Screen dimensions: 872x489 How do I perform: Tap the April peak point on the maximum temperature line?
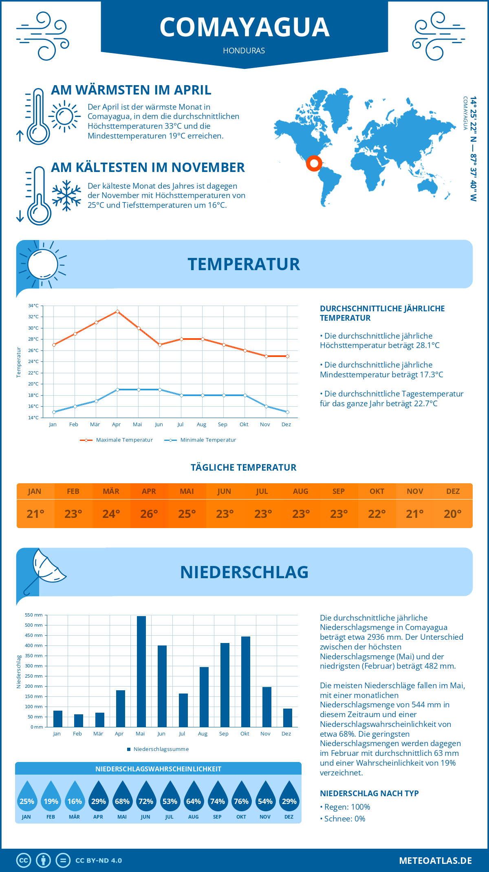tap(117, 311)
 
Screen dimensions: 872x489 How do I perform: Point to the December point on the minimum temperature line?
tap(287, 412)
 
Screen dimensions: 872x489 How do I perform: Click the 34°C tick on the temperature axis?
tap(33, 306)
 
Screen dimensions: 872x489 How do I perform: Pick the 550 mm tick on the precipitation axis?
tap(34, 615)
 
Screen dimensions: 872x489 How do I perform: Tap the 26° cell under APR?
tap(149, 514)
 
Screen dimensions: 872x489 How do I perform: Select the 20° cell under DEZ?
tap(453, 514)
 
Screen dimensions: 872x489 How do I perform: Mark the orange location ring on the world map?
tap(314, 163)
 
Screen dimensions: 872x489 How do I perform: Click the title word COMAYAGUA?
tap(244, 27)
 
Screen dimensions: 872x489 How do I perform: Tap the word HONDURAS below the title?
tap(244, 51)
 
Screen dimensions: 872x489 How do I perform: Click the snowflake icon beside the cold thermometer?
tap(66, 195)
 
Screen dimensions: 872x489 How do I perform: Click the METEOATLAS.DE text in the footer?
tap(435, 861)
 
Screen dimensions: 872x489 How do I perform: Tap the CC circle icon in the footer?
tap(24, 861)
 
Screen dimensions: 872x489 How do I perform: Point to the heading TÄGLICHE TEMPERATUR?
tap(244, 467)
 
